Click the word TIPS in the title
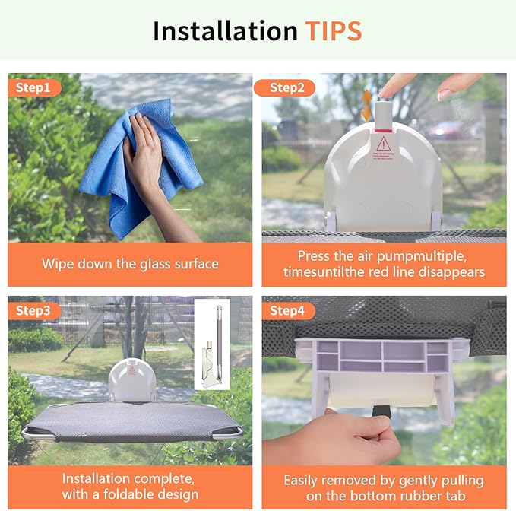(x=333, y=31)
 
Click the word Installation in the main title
(x=225, y=31)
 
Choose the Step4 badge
(x=286, y=311)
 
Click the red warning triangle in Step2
(x=384, y=144)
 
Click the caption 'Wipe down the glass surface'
(x=130, y=264)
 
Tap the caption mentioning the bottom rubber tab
(x=384, y=487)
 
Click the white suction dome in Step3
(x=131, y=379)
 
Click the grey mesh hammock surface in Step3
(x=129, y=421)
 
